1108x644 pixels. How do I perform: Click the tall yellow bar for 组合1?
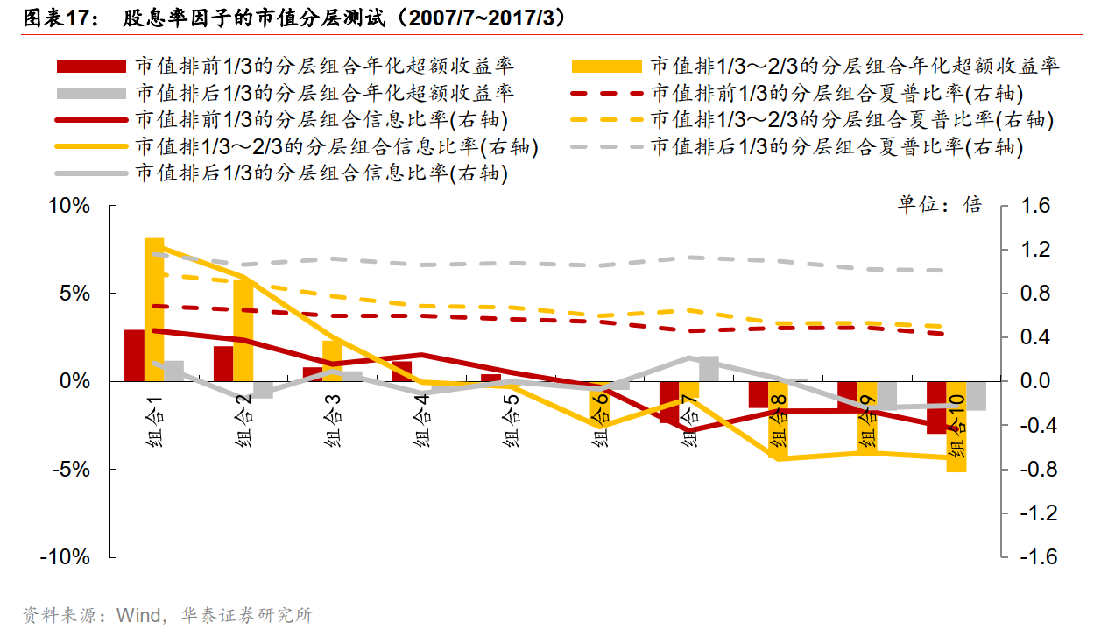click(x=154, y=309)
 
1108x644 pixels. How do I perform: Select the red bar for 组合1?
click(x=134, y=356)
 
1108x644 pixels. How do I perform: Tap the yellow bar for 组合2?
click(x=243, y=330)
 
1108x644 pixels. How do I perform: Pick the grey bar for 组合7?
click(x=709, y=369)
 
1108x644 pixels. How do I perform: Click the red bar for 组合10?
click(x=936, y=407)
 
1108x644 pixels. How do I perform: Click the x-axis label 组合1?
click(x=154, y=421)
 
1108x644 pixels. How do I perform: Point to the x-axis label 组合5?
click(x=512, y=421)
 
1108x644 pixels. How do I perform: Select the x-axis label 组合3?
click(x=333, y=421)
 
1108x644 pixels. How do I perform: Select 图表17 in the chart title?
click(x=58, y=18)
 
